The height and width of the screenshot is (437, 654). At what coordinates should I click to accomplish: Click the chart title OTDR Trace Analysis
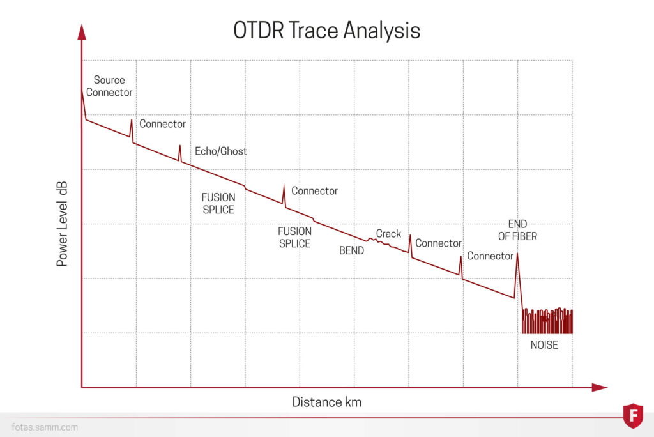click(x=326, y=30)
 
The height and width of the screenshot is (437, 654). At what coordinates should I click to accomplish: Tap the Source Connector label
click(x=109, y=86)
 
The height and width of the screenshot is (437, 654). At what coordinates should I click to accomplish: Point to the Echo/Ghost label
click(x=220, y=151)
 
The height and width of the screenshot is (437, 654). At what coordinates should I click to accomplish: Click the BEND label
click(x=351, y=250)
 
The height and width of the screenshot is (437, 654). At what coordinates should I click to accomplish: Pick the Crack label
click(x=388, y=234)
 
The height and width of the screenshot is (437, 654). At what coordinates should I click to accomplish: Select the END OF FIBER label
click(x=522, y=230)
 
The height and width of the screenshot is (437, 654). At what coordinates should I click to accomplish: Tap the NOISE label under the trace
click(x=544, y=345)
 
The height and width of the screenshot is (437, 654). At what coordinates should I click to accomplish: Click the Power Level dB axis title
click(x=63, y=224)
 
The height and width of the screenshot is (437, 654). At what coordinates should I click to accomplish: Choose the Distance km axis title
click(x=326, y=402)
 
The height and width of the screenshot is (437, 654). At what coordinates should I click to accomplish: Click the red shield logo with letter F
click(x=632, y=415)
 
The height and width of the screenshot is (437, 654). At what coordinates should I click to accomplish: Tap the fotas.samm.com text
click(x=45, y=427)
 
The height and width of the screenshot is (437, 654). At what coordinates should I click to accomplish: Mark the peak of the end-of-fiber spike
click(x=517, y=254)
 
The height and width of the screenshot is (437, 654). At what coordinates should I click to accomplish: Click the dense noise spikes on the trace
click(x=547, y=321)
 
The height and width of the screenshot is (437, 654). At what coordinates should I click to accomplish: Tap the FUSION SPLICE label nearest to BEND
click(x=294, y=238)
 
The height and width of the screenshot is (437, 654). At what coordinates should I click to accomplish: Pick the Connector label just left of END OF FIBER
click(x=490, y=256)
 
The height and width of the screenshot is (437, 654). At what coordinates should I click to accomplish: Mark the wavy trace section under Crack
click(x=386, y=245)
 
